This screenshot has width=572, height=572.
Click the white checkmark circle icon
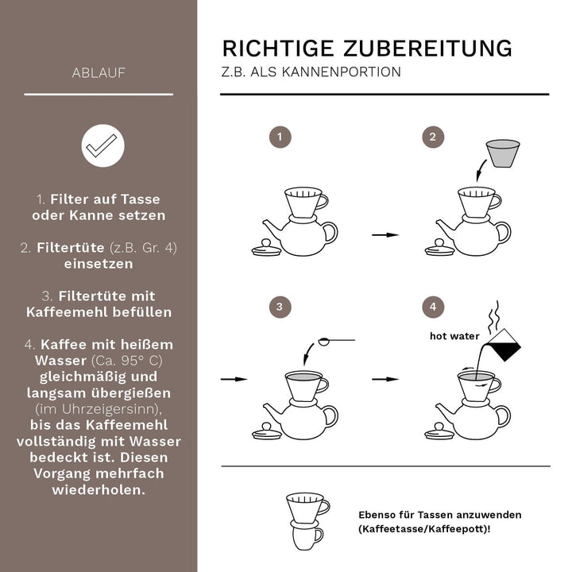click(x=102, y=145)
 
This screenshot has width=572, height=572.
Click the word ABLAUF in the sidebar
click(x=99, y=73)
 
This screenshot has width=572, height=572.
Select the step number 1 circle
click(x=278, y=137)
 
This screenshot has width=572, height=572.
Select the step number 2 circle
click(x=432, y=137)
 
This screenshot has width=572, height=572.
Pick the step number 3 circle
click(x=278, y=306)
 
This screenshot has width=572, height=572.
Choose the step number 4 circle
click(x=432, y=306)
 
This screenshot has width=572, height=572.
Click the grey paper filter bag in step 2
click(x=502, y=153)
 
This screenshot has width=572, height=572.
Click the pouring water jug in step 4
click(x=502, y=346)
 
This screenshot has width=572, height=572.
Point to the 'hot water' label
click(x=455, y=336)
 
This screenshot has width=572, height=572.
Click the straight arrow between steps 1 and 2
click(x=385, y=235)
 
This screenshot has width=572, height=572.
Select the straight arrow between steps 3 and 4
click(x=385, y=380)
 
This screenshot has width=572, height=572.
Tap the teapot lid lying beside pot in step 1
click(x=266, y=249)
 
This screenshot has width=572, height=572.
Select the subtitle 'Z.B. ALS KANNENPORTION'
click(x=311, y=72)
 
